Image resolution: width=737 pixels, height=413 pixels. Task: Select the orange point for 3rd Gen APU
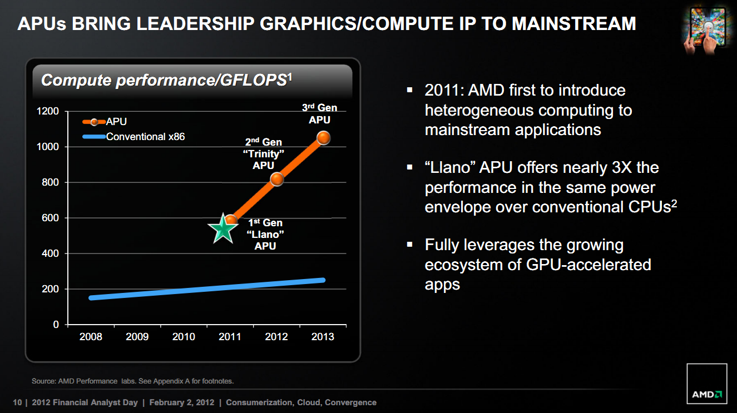point(323,138)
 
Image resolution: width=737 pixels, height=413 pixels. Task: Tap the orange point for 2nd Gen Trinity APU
point(277,179)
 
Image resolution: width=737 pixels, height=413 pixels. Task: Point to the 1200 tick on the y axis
point(48,111)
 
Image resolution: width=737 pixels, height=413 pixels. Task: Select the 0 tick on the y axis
point(56,325)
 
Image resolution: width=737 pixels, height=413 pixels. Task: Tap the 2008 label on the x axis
point(91,337)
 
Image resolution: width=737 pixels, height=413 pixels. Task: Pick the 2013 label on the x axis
point(323,337)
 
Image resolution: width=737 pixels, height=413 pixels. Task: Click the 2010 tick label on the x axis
point(184,337)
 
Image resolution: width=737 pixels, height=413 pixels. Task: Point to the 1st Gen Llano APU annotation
point(265,235)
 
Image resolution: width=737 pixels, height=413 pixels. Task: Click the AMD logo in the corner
point(707,384)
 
